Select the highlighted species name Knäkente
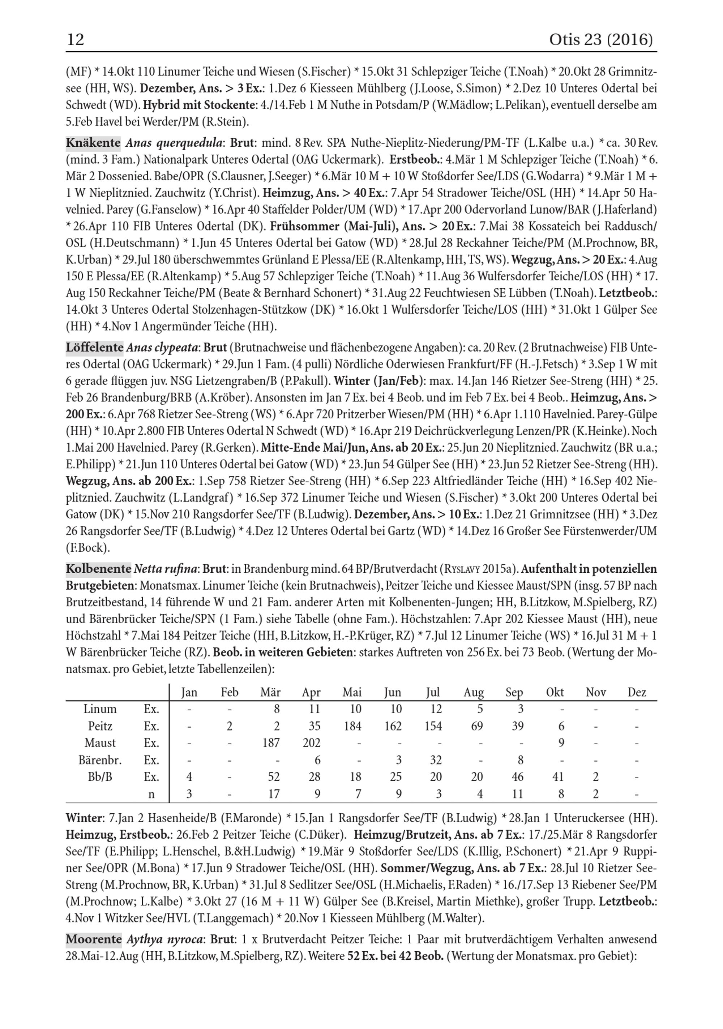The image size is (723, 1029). [93, 143]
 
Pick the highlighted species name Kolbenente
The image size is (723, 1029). [98, 569]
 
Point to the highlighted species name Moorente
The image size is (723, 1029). [94, 939]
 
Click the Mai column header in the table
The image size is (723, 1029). [352, 692]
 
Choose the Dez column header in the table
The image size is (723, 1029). [637, 692]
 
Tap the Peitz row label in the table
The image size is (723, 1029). [100, 726]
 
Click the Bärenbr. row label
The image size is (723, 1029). [100, 760]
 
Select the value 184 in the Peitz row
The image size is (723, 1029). [352, 726]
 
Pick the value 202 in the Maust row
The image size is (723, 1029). [311, 743]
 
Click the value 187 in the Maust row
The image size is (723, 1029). [270, 743]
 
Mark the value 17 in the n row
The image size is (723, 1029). [274, 794]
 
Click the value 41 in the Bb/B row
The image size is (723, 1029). [557, 777]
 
